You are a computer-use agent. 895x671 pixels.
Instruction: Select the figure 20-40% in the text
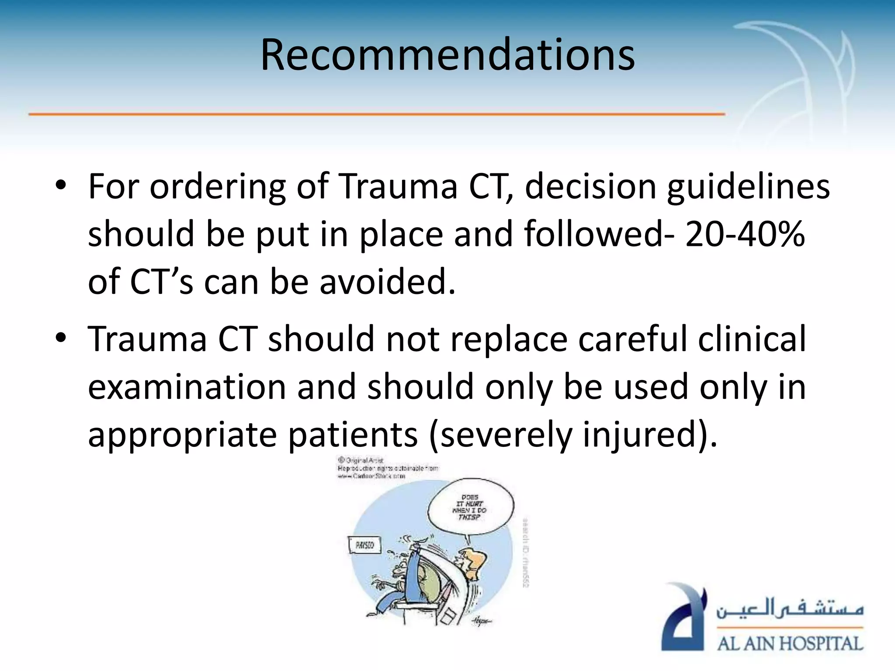click(x=745, y=234)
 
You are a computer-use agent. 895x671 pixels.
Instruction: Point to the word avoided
click(x=387, y=282)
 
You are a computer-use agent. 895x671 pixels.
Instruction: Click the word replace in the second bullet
click(x=508, y=339)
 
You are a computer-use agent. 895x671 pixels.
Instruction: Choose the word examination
click(x=187, y=387)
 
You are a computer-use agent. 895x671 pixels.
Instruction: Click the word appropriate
click(x=183, y=435)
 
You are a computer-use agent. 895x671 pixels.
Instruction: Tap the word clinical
click(x=752, y=339)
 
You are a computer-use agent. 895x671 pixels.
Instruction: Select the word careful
click(x=633, y=339)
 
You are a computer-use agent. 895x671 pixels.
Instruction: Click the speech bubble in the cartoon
click(x=471, y=507)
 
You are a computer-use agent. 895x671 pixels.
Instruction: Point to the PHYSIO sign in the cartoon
click(x=364, y=545)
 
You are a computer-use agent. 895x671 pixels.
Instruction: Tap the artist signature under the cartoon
click(x=481, y=621)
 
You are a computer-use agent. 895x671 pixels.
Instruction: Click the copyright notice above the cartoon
click(x=387, y=468)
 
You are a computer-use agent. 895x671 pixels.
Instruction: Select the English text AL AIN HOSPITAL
click(x=790, y=643)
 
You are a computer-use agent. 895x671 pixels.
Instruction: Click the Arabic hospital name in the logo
click(x=790, y=609)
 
